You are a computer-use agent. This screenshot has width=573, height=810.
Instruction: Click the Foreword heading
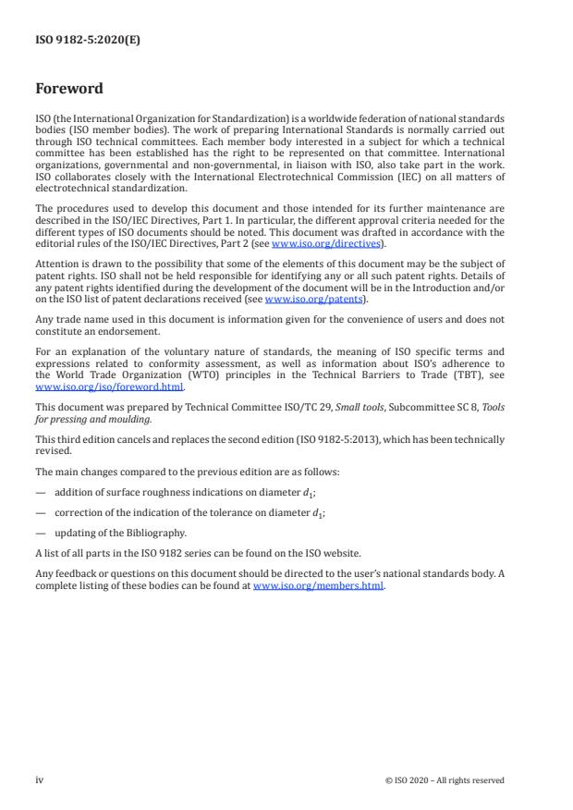[x=69, y=90]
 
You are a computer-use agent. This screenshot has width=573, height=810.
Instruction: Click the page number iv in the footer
[x=40, y=779]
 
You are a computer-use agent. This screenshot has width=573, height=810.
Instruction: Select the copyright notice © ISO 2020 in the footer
[x=445, y=780]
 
